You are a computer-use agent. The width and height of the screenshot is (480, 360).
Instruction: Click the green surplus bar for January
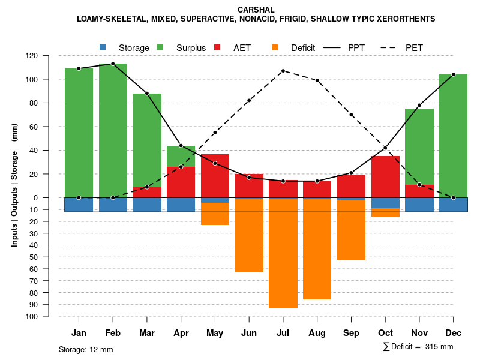point(79,132)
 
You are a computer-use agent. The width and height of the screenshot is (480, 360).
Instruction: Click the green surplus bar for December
point(453,136)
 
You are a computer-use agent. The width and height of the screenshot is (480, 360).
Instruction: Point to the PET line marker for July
point(283,71)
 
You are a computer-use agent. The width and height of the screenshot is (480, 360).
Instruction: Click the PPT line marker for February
point(113,64)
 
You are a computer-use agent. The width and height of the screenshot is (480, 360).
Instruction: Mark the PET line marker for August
point(317,80)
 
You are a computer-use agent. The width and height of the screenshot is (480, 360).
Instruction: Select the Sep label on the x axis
point(351,333)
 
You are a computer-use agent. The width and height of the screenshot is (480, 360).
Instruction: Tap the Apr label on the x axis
point(181,333)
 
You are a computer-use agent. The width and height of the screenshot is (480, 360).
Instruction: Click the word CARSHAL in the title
point(256,10)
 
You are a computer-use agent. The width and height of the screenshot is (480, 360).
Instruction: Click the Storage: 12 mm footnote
point(86,349)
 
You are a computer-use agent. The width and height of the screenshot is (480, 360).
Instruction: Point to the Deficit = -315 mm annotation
point(418,347)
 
